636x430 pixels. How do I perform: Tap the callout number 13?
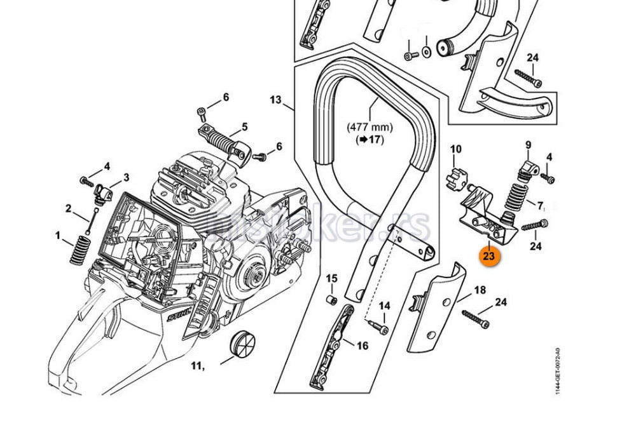pyautogui.click(x=275, y=100)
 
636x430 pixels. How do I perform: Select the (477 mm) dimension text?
pyautogui.click(x=369, y=127)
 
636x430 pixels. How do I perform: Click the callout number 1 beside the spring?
pyautogui.click(x=59, y=236)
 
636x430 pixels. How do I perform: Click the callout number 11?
pyautogui.click(x=197, y=365)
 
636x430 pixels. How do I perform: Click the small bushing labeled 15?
pyautogui.click(x=331, y=298)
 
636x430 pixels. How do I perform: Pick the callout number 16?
pyautogui.click(x=363, y=346)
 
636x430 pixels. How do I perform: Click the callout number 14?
pyautogui.click(x=384, y=306)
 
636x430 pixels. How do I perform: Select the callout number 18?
pyautogui.click(x=480, y=290)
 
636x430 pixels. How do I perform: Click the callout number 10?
pyautogui.click(x=456, y=149)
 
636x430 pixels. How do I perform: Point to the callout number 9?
pyautogui.click(x=527, y=145)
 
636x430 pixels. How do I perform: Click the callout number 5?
pyautogui.click(x=244, y=127)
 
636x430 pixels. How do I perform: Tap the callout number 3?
pyautogui.click(x=126, y=177)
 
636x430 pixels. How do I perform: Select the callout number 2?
pyautogui.click(x=69, y=208)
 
